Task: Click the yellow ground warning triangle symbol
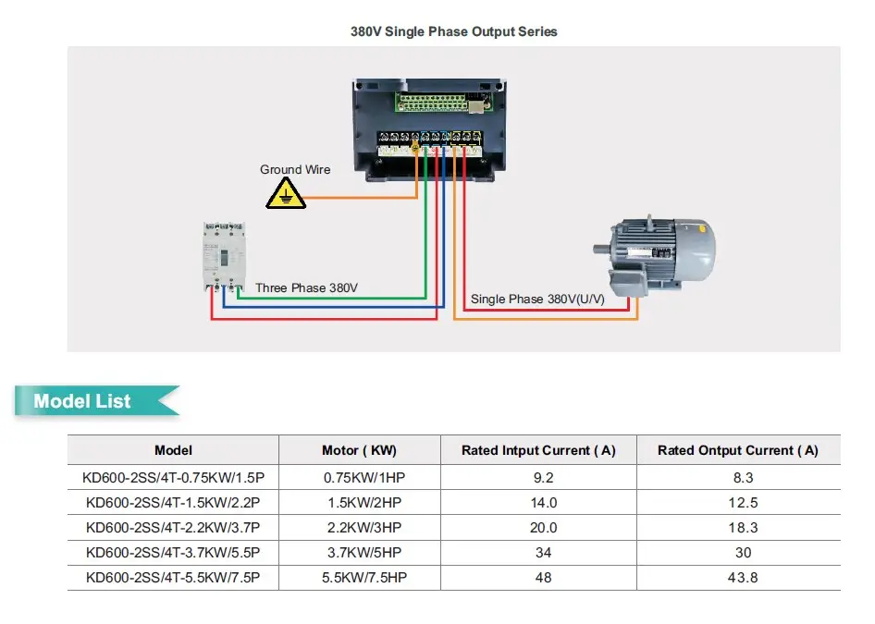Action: pyautogui.click(x=286, y=194)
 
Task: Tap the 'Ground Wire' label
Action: pyautogui.click(x=295, y=169)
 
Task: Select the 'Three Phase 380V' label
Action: pyautogui.click(x=306, y=288)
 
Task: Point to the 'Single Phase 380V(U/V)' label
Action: pyautogui.click(x=537, y=299)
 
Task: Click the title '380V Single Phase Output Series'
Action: pyautogui.click(x=453, y=31)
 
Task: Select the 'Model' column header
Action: pyautogui.click(x=173, y=450)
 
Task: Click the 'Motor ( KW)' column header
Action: pyautogui.click(x=359, y=450)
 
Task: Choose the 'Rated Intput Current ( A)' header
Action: pyautogui.click(x=538, y=450)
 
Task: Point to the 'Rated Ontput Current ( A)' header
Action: pyautogui.click(x=737, y=450)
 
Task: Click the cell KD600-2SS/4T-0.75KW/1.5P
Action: pyautogui.click(x=173, y=478)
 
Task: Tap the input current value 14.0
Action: pyautogui.click(x=543, y=503)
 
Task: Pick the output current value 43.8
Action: pyautogui.click(x=743, y=578)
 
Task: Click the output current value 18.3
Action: pyautogui.click(x=743, y=528)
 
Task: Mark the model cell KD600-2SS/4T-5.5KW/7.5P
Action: pyautogui.click(x=173, y=578)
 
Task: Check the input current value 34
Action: pyautogui.click(x=543, y=553)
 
